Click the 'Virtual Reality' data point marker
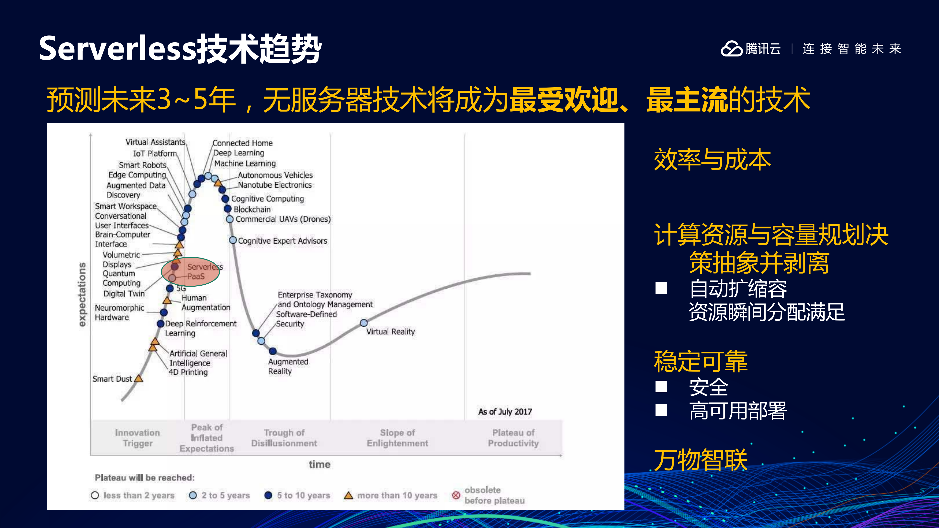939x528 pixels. (x=363, y=323)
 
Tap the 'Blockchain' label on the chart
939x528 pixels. (x=252, y=209)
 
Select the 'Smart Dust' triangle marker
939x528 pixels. (x=138, y=379)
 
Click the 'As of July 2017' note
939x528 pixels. (x=505, y=412)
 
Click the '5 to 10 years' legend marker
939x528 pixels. (x=268, y=495)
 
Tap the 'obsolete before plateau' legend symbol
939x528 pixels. (x=456, y=495)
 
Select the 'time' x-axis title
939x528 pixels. (x=319, y=464)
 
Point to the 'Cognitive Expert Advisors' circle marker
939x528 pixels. (x=233, y=240)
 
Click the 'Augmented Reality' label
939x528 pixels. (x=288, y=366)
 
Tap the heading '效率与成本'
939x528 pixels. (x=712, y=160)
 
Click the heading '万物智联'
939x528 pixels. (x=700, y=460)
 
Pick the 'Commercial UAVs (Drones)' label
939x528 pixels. (x=283, y=219)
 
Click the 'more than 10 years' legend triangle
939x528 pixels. (x=349, y=495)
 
